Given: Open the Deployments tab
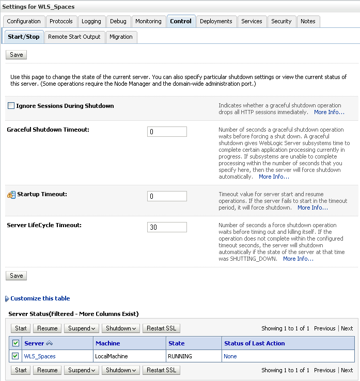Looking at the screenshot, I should click(216, 21).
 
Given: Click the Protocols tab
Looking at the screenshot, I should click(61, 21).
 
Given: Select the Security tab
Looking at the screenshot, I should click(281, 21).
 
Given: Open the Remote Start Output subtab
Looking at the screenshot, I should click(74, 37).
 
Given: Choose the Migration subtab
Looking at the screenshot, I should click(121, 37).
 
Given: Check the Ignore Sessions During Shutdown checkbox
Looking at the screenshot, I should click(11, 106).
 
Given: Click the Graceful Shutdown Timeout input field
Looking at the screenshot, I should click(167, 132).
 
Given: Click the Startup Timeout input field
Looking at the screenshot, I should click(167, 196).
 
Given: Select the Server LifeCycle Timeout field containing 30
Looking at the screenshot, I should click(167, 227).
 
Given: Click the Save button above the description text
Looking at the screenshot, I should click(17, 55).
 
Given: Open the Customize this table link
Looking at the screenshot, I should click(40, 298).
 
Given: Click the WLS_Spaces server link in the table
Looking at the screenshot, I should click(40, 356).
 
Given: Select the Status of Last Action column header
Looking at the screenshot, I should click(255, 343).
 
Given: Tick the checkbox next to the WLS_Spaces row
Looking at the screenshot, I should click(15, 356).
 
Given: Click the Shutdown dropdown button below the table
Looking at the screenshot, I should click(120, 370).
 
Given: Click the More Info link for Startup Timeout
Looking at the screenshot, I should click(312, 208).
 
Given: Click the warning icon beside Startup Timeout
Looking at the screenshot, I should click(11, 195).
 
